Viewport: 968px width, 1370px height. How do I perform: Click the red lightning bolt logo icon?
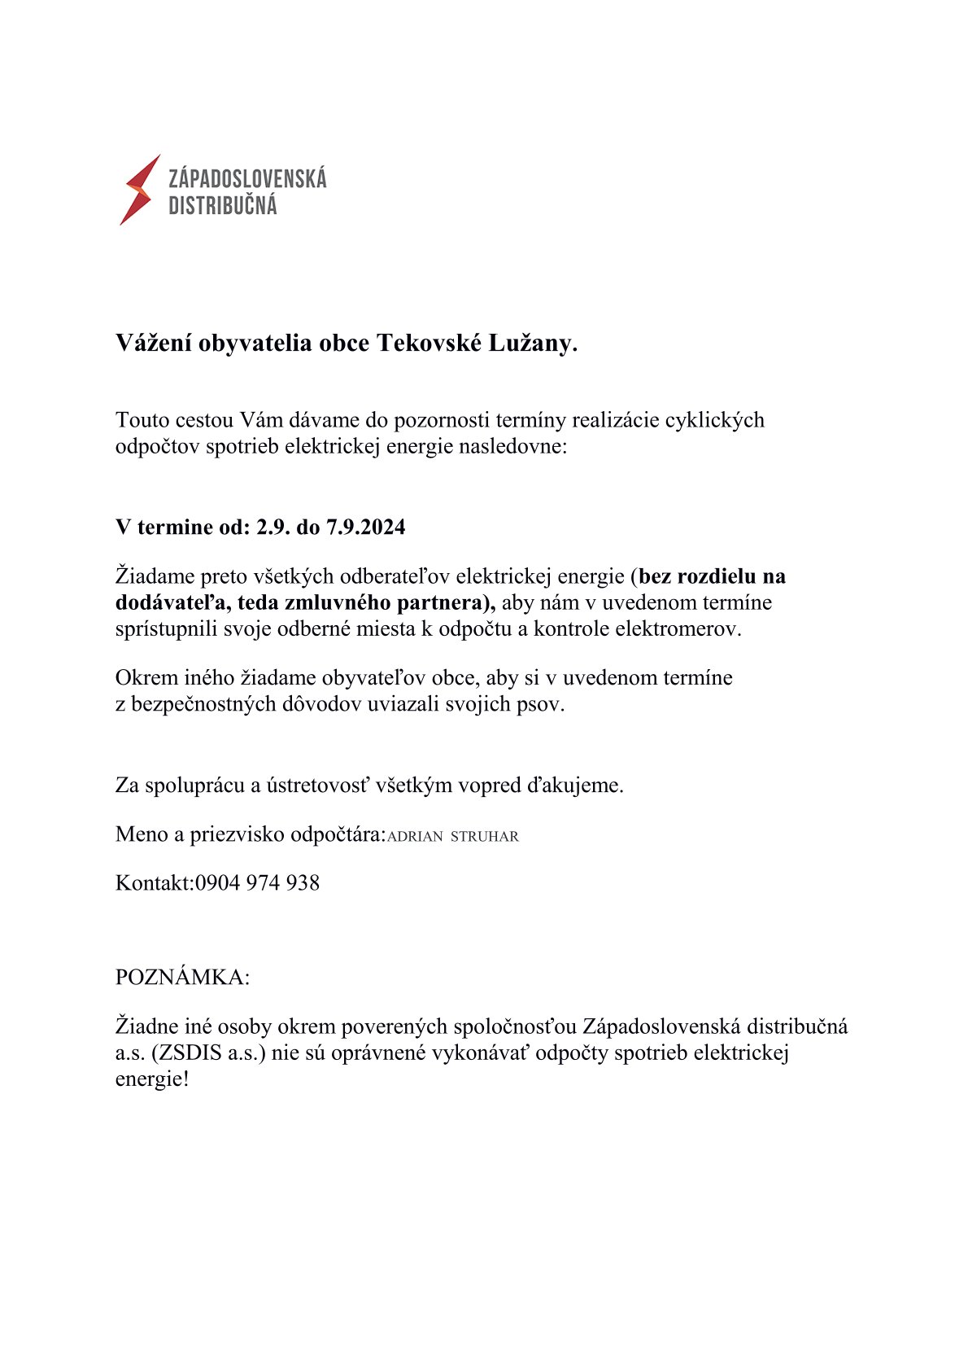coord(139,190)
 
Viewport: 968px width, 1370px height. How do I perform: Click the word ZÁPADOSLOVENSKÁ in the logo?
coord(247,178)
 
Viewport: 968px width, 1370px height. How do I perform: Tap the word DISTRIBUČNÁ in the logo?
coord(222,205)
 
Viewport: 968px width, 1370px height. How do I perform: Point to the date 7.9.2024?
coord(365,527)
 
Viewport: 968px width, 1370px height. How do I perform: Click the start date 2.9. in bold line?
coord(273,527)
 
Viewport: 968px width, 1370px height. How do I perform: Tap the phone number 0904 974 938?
coord(257,882)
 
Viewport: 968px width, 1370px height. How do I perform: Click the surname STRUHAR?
coord(484,836)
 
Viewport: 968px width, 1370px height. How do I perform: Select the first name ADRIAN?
coord(415,836)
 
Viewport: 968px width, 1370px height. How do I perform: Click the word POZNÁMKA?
coord(182,977)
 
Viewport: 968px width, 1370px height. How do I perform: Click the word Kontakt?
coord(153,882)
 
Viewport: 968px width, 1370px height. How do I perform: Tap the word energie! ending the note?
coord(151,1079)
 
